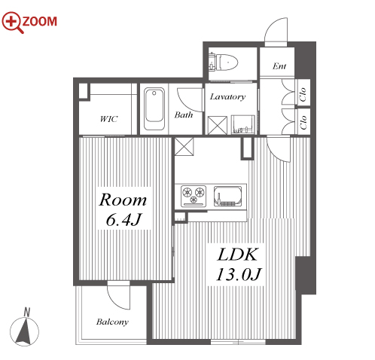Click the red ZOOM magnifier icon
click(x=13, y=22)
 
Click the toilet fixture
click(x=223, y=63)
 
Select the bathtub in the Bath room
click(x=154, y=109)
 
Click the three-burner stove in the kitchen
click(x=194, y=196)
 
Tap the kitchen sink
click(x=227, y=196)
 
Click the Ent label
click(x=279, y=66)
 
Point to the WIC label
click(x=108, y=119)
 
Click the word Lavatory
click(x=227, y=97)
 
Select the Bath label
click(x=184, y=115)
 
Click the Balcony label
click(x=112, y=322)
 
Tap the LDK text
click(x=237, y=255)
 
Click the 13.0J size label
click(x=239, y=274)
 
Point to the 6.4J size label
click(x=123, y=220)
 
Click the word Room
click(x=123, y=200)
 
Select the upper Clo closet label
click(x=303, y=94)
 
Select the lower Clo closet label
click(x=303, y=123)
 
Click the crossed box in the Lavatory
click(x=218, y=125)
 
